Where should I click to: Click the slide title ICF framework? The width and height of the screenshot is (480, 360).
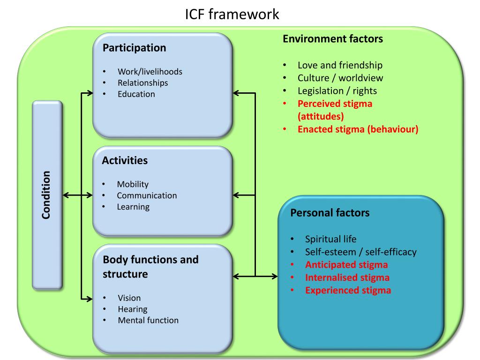[x=232, y=15]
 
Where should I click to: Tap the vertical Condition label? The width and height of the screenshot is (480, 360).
[x=46, y=195]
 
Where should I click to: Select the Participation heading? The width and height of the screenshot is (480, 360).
[x=134, y=48]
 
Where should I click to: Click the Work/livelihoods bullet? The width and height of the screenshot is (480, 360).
[x=150, y=72]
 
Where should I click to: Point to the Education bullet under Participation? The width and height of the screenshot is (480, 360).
[x=136, y=94]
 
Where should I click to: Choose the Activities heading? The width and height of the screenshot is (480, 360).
[x=125, y=161]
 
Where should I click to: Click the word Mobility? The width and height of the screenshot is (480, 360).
[x=133, y=184]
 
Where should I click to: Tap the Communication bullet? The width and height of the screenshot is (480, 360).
[x=147, y=195]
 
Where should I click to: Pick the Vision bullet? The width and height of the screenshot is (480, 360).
[x=129, y=298]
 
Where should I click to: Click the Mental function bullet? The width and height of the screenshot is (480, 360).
[x=148, y=321]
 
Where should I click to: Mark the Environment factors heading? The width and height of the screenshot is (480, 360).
[x=333, y=39]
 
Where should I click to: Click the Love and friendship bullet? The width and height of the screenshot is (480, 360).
[x=340, y=65]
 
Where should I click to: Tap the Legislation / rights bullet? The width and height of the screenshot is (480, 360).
[x=337, y=91]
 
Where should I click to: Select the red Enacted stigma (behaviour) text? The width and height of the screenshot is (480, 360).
[x=358, y=129]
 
